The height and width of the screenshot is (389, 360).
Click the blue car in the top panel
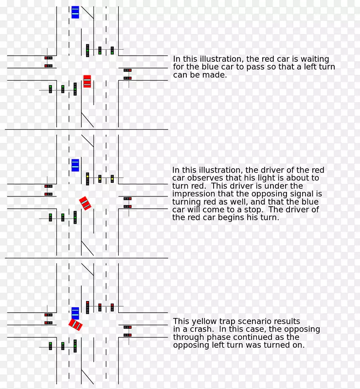(x=75, y=12)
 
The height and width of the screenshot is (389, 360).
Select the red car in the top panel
(x=87, y=81)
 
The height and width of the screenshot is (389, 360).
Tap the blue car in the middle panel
(x=75, y=165)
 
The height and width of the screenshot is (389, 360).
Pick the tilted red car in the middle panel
(x=85, y=203)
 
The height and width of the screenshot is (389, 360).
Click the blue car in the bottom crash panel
(x=75, y=313)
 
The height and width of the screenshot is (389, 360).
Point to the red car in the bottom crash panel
(x=75, y=324)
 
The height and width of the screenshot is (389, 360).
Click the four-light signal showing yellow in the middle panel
(x=88, y=179)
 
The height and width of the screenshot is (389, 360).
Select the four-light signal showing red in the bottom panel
(x=88, y=307)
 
